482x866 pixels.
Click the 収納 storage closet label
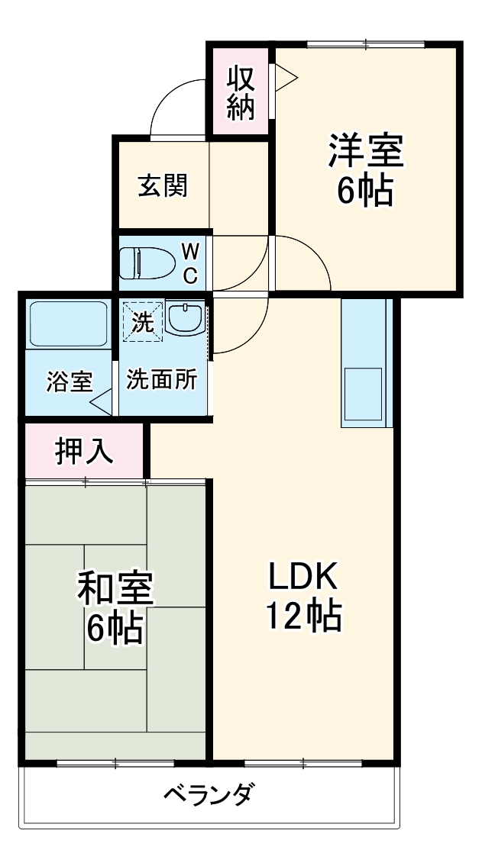pos(239,92)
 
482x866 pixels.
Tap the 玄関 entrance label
pos(163,185)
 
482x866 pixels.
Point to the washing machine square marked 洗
pos(143,321)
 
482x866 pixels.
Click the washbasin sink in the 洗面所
pos(185,318)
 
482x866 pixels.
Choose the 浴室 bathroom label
pos(69,381)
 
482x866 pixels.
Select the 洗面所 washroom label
pos(162,380)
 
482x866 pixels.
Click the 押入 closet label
pos(84,451)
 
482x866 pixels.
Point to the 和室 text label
pos(115,588)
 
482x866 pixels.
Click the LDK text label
pos(302,578)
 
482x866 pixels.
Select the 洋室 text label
pos(365,150)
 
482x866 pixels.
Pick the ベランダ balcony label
pos(208,797)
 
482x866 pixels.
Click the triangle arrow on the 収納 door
pos(284,76)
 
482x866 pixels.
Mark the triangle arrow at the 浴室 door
pos(102,401)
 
